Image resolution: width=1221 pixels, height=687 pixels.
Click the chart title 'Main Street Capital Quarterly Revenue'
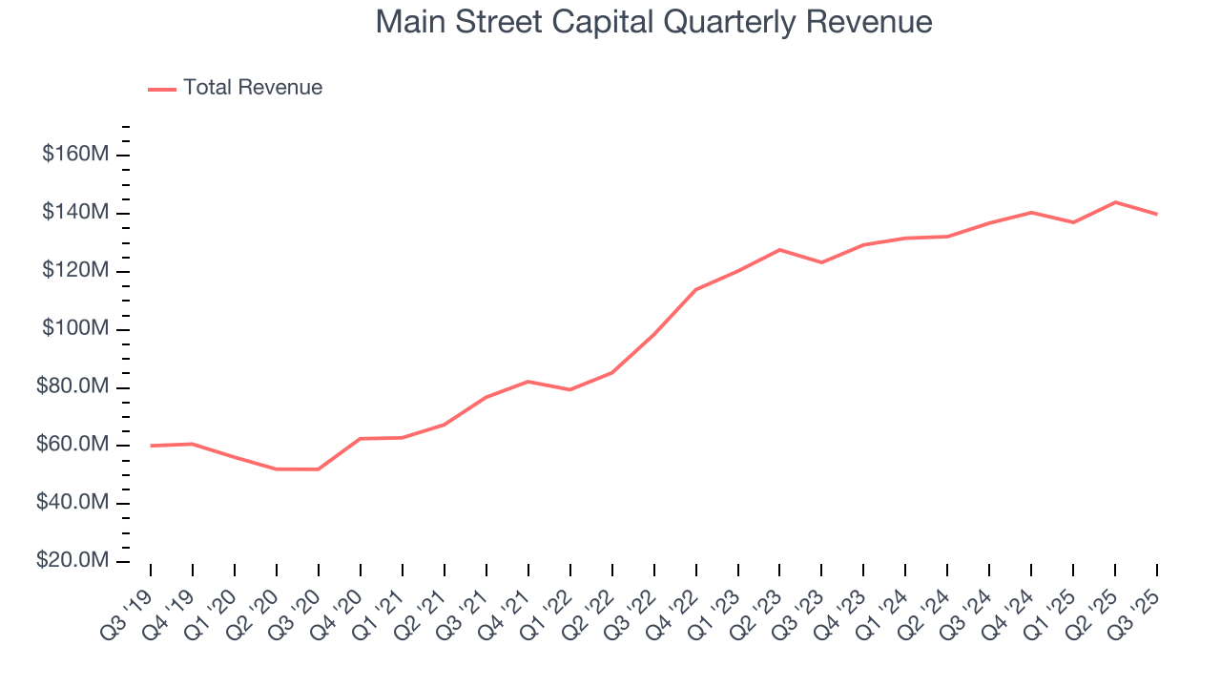click(653, 22)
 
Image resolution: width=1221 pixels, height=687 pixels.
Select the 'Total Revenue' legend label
click(253, 88)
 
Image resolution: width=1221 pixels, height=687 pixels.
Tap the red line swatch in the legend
click(162, 89)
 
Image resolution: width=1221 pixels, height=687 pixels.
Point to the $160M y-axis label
click(74, 155)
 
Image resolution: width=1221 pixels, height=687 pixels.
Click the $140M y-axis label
click(74, 213)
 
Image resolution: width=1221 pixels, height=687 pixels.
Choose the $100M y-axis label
click(74, 329)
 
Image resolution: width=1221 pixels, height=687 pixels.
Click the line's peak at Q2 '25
click(1115, 202)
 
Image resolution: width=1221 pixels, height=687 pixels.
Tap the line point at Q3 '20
click(318, 469)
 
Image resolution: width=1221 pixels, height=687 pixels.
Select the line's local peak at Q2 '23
click(779, 250)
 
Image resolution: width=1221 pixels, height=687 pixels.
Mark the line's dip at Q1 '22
click(569, 389)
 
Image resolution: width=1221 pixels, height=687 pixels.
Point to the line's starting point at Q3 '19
click(151, 446)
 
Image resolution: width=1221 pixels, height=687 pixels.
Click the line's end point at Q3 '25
click(1157, 214)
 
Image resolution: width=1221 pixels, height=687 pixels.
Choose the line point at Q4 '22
click(695, 290)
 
